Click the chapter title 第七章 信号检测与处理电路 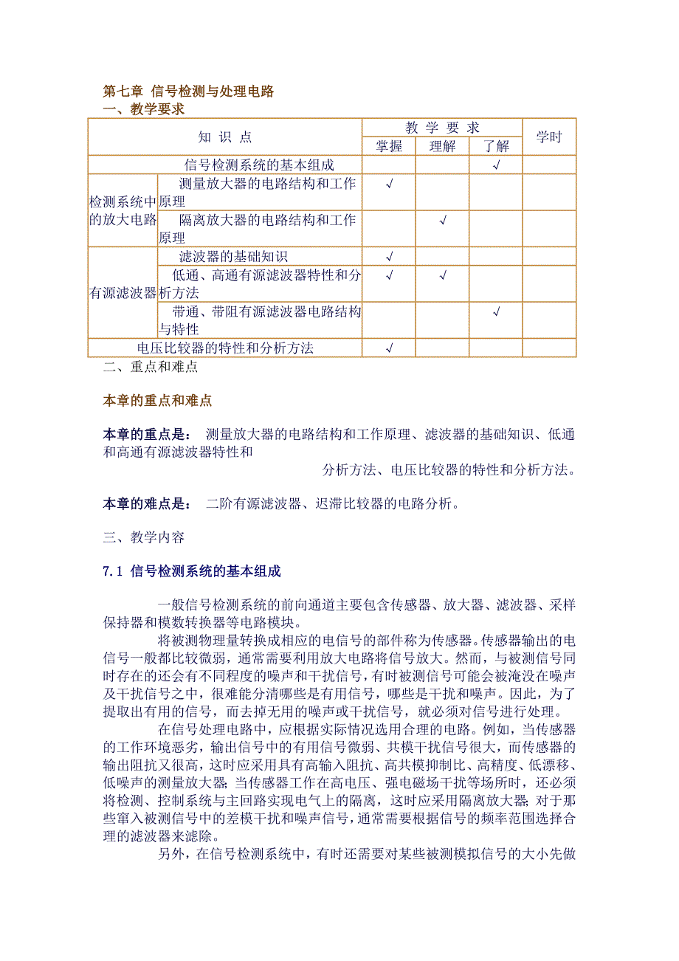[x=188, y=92]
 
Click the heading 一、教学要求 [x=143, y=110]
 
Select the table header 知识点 [x=224, y=137]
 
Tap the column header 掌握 [x=389, y=146]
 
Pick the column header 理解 [x=442, y=146]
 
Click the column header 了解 [x=496, y=146]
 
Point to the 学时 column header [x=548, y=137]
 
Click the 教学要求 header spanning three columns [x=442, y=128]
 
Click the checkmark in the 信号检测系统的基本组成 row [x=496, y=165]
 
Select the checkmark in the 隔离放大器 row [x=442, y=220]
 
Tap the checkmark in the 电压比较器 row [x=389, y=348]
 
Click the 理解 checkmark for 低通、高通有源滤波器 [x=442, y=275]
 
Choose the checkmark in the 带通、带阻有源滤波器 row [x=496, y=311]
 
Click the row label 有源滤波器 [x=123, y=293]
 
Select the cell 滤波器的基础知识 [x=233, y=257]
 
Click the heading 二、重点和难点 [x=150, y=366]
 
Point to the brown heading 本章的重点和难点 [x=157, y=401]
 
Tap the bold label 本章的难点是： [x=147, y=504]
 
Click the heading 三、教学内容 [x=143, y=538]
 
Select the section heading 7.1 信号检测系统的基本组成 [x=192, y=571]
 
